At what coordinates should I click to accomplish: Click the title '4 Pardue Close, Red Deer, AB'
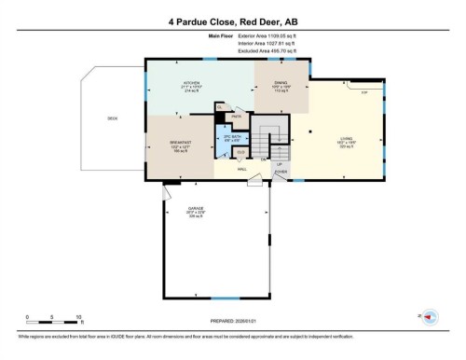233,20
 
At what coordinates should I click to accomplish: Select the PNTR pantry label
237,116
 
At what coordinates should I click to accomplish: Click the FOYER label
280,171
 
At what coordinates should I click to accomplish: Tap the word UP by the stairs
279,162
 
